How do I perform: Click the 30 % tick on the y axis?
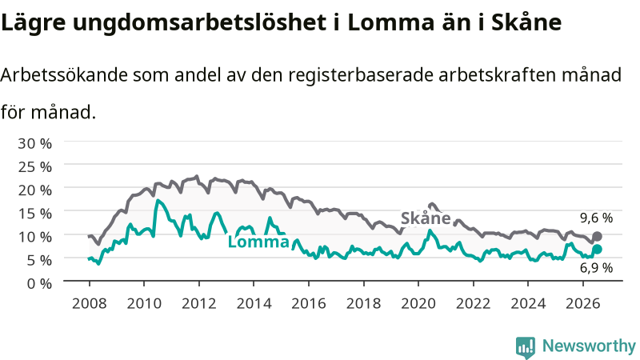click(x=34, y=144)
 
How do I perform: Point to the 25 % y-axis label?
click(x=34, y=167)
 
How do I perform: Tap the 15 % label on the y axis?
click(x=34, y=214)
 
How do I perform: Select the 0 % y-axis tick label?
click(x=39, y=283)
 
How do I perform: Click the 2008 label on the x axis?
click(x=90, y=304)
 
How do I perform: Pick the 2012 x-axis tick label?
click(x=198, y=304)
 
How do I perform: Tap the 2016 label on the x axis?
click(x=309, y=304)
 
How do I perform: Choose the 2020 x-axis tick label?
click(x=418, y=304)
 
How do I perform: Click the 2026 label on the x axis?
click(x=582, y=304)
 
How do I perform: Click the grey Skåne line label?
click(x=426, y=218)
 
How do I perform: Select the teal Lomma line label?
click(x=258, y=242)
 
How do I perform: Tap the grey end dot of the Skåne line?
click(x=597, y=236)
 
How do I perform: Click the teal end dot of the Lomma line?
click(x=597, y=250)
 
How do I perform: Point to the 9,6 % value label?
click(x=596, y=218)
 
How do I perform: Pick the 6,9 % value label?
click(x=596, y=268)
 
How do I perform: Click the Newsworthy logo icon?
click(x=526, y=347)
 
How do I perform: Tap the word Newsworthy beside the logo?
click(x=589, y=346)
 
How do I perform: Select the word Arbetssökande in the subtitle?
click(x=64, y=75)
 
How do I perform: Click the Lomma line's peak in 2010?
click(x=158, y=200)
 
